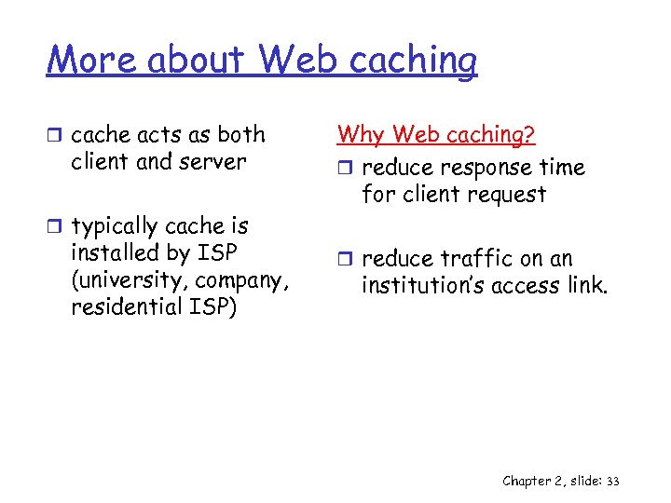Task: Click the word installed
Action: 113,253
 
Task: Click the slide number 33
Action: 612,481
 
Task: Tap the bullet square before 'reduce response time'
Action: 345,169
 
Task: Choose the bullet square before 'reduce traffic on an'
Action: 345,259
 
